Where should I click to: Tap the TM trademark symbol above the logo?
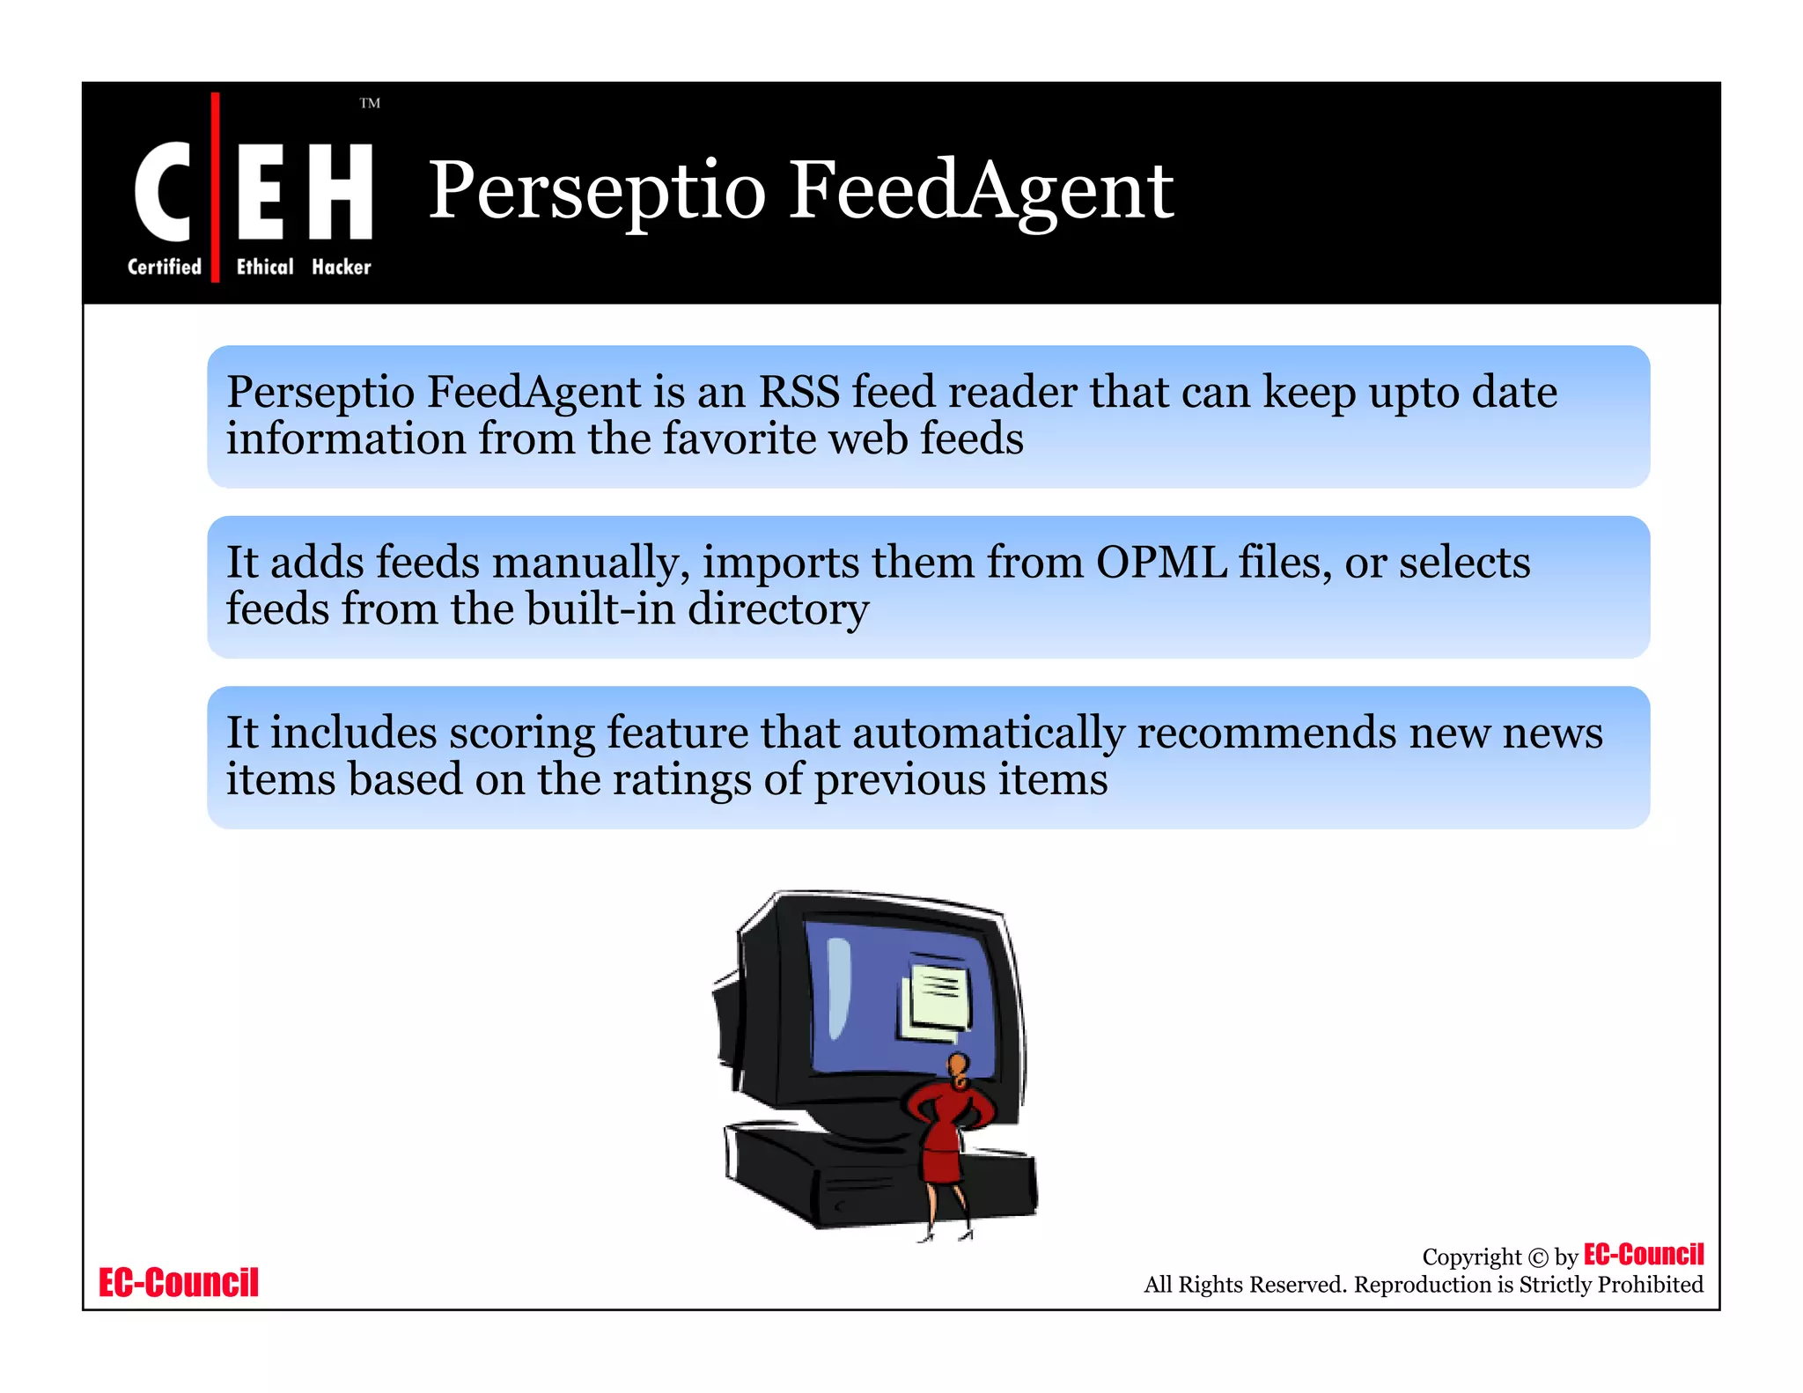370,104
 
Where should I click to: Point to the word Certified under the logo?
165,267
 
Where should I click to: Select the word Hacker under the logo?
341,267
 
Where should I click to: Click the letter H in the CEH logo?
341,191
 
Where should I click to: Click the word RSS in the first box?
798,392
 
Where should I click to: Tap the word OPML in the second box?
1161,563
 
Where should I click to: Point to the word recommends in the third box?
1266,733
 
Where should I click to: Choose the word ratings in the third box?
681,780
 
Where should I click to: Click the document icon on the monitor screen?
937,998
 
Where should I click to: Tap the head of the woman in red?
959,1066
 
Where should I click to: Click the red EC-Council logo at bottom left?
179,1282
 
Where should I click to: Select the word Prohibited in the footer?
1650,1285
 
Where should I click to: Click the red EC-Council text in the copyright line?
1643,1254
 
